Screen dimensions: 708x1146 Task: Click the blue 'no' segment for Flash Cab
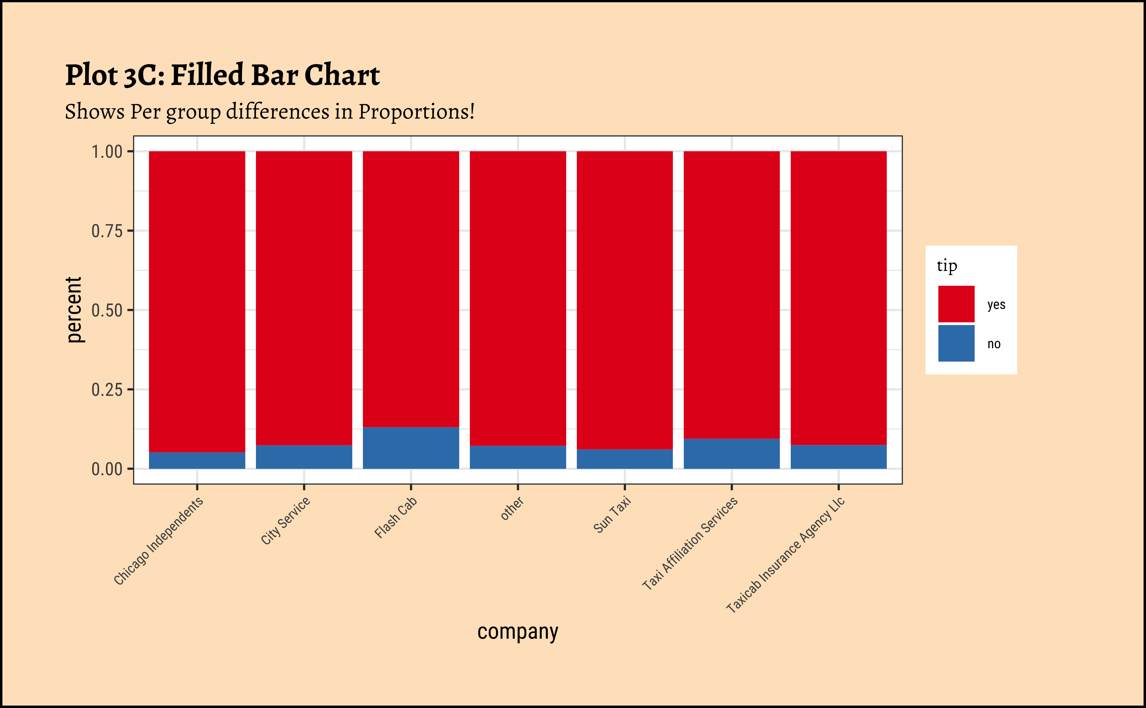(x=411, y=448)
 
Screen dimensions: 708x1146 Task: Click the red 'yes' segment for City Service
(x=304, y=298)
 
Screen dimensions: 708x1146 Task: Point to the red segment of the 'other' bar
(x=518, y=298)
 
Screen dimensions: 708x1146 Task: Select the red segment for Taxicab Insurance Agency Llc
(x=838, y=298)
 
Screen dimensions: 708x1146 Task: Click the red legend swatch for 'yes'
(x=956, y=304)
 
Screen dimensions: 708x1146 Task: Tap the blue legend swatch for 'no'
(x=956, y=343)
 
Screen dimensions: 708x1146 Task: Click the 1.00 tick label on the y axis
(x=107, y=152)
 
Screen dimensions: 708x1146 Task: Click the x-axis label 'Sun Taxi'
(x=612, y=515)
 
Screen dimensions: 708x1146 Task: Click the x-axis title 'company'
(x=518, y=632)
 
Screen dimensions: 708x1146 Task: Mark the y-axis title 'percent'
(x=74, y=309)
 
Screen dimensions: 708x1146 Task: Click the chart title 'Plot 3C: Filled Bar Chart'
(x=222, y=75)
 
